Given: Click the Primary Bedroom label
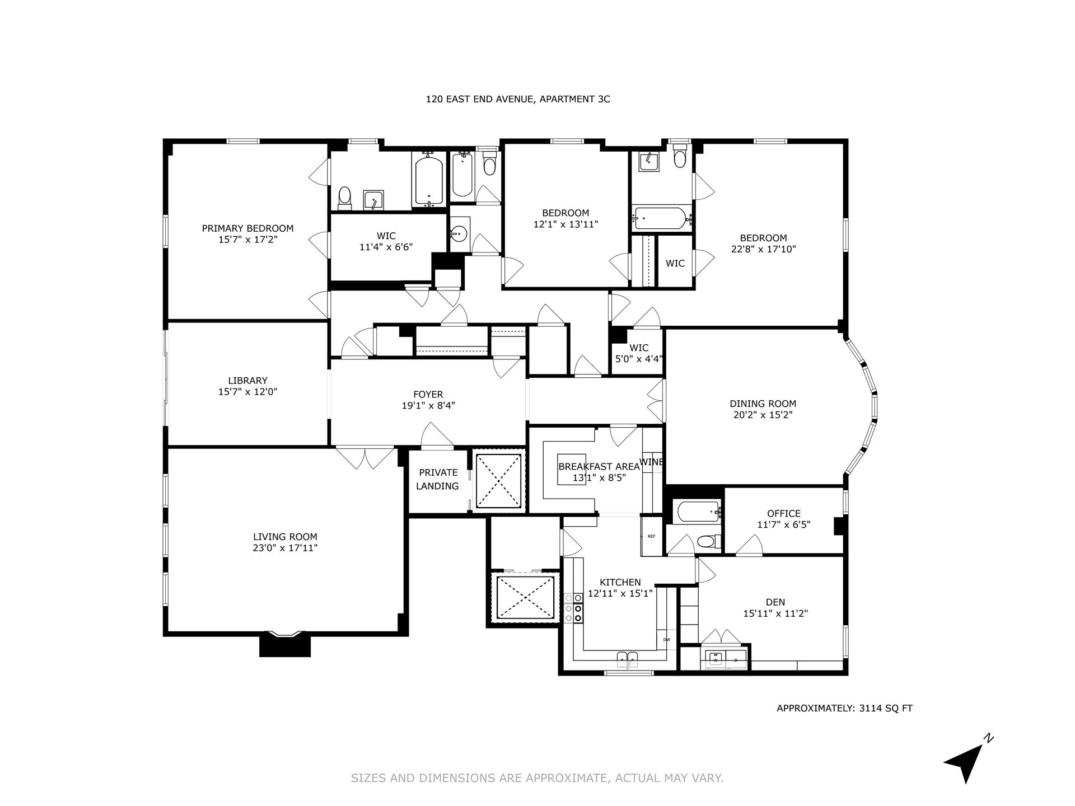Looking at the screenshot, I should pos(247,228).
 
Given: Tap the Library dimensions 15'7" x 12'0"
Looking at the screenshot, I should pos(247,392).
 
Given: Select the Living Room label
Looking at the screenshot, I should pos(285,537).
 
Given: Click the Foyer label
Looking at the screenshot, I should pos(428,395).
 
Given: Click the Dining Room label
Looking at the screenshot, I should pos(763,404).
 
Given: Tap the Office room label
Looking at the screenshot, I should pos(783,513).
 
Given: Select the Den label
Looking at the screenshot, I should pos(775,602).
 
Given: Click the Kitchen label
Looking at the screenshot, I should pos(620,582).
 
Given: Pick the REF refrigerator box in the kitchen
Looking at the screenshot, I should pos(651,536).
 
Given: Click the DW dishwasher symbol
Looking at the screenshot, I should pos(666,640).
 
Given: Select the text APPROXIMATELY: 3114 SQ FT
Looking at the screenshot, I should pos(844,708).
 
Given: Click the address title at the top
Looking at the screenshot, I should pos(517,100).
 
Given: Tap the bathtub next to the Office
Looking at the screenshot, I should pos(698,511).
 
